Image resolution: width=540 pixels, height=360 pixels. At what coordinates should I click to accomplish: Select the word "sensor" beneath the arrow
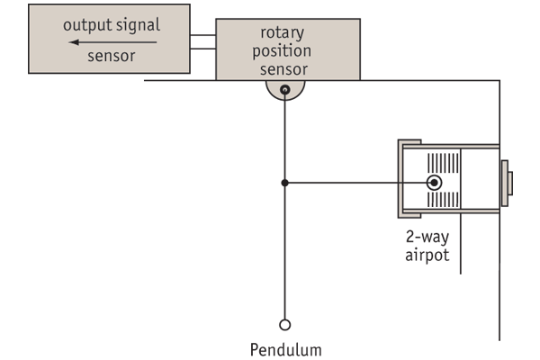112,56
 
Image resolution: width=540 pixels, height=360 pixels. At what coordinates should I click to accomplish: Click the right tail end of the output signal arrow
156,41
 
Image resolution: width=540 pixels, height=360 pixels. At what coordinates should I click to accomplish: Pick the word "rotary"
282,33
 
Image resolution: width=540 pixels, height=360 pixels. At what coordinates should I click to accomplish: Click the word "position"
282,51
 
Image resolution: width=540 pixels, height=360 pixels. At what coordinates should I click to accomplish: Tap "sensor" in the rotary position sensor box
283,68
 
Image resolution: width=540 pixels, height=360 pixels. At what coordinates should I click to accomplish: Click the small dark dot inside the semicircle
285,89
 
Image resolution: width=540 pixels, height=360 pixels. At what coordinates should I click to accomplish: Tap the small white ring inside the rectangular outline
434,183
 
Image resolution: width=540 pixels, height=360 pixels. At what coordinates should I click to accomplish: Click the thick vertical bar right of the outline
505,183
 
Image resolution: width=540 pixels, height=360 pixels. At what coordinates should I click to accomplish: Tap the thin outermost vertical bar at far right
510,183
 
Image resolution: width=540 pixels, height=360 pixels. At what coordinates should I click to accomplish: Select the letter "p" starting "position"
257,53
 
